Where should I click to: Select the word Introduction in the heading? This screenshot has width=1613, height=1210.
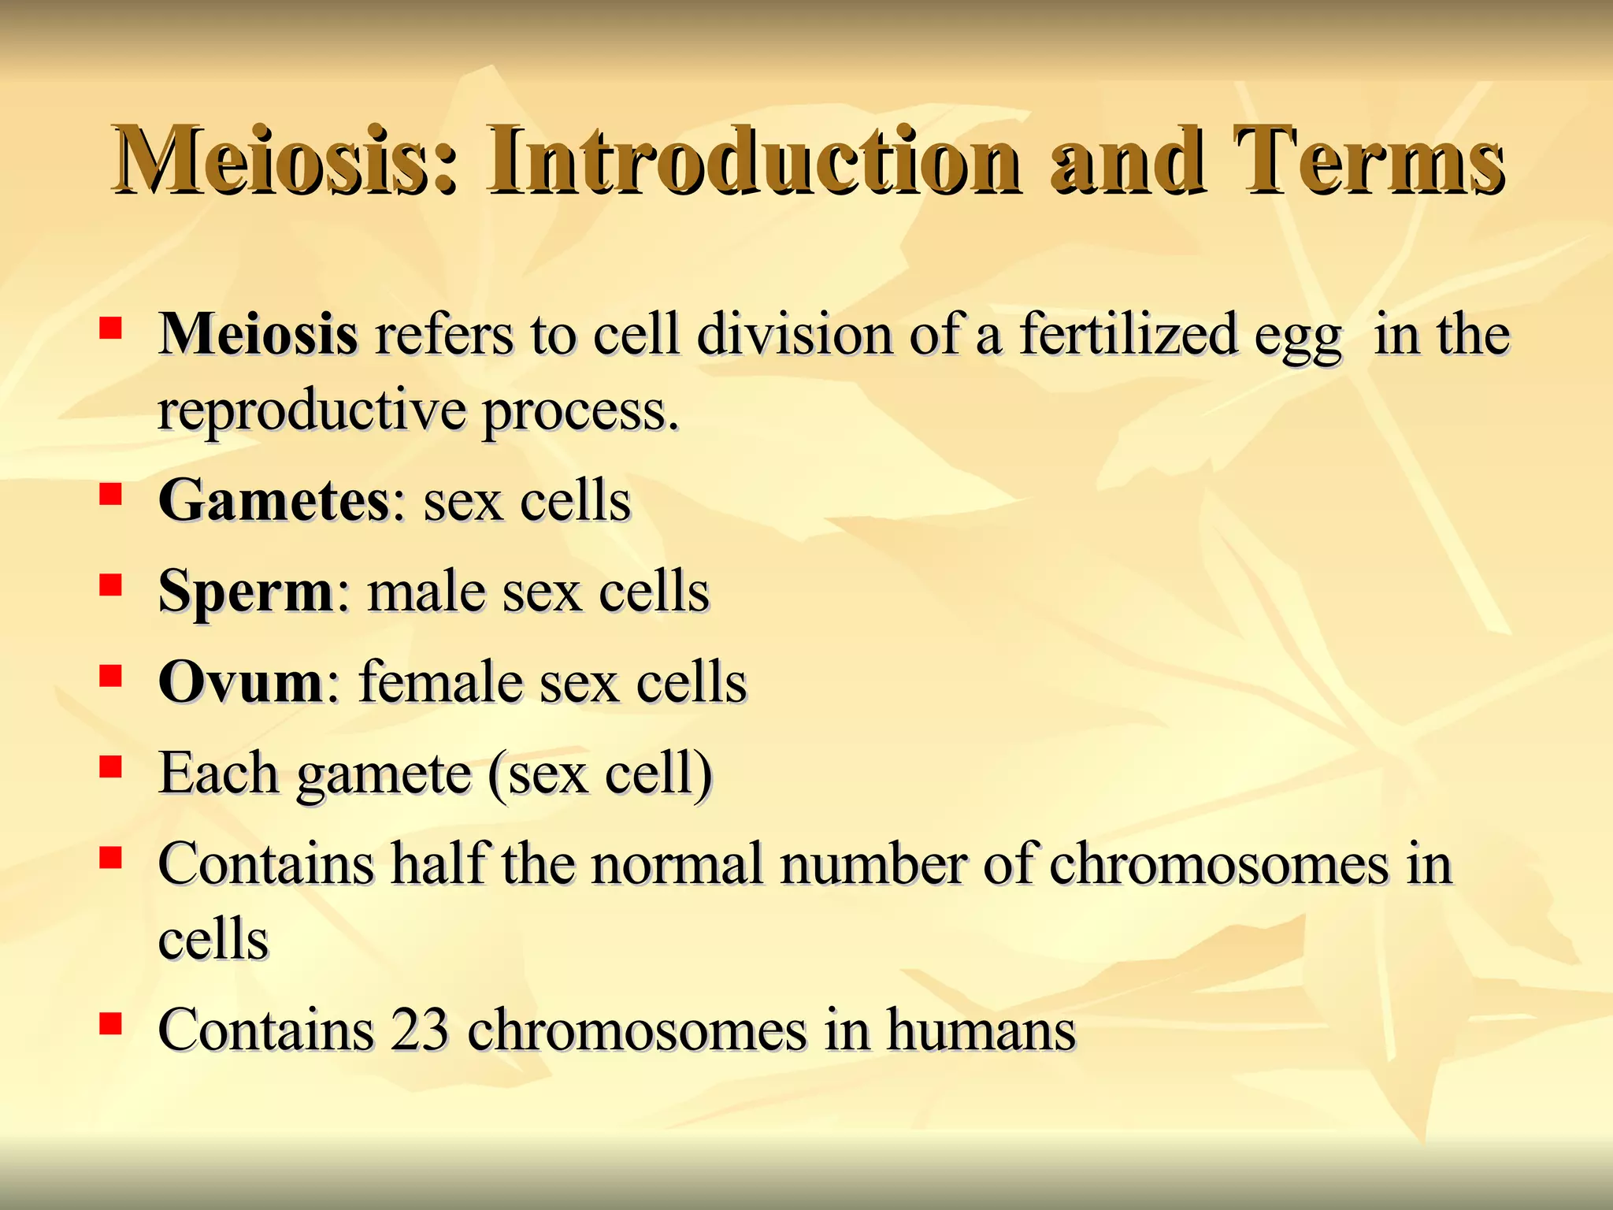coord(753,161)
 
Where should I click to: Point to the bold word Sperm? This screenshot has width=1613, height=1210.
coord(246,592)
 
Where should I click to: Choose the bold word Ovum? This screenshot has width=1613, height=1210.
coord(240,682)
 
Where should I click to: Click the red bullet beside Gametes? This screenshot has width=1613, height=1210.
coord(110,495)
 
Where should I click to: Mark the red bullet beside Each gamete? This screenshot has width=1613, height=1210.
coord(110,766)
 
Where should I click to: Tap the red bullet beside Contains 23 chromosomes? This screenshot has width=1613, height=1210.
coord(110,1023)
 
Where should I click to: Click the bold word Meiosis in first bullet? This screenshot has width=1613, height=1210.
coord(258,334)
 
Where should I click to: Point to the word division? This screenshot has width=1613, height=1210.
coord(795,334)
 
